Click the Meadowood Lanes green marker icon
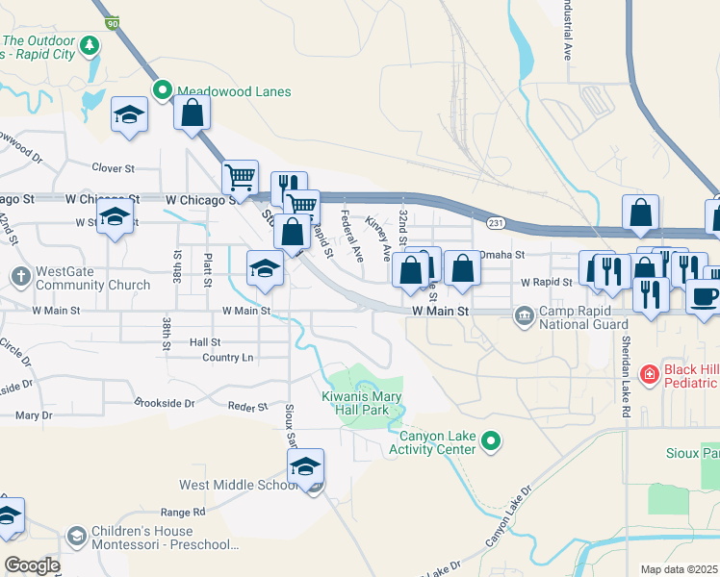coord(162,92)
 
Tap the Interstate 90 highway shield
coord(113,22)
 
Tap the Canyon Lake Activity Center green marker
coord(491,441)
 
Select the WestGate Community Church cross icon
coord(21,278)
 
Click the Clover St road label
coord(113,168)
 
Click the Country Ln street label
coord(228,358)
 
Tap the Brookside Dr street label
coord(165,404)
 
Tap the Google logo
coord(32,565)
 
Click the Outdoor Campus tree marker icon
coord(90,45)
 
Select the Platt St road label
coord(207,270)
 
